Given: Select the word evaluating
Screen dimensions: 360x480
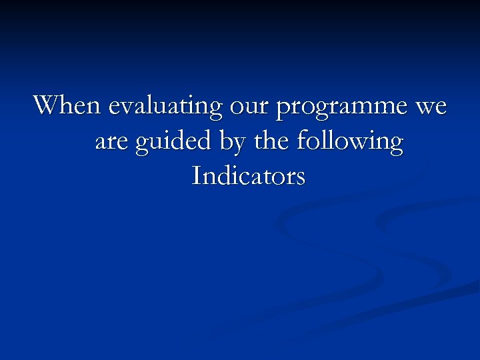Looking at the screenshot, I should pyautogui.click(x=165, y=107).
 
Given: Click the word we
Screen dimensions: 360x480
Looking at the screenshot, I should pyautogui.click(x=431, y=107).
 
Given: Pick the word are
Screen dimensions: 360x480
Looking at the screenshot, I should pyautogui.click(x=112, y=143).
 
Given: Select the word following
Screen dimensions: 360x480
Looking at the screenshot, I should pyautogui.click(x=350, y=143).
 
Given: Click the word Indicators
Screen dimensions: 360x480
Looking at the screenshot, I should pyautogui.click(x=248, y=177).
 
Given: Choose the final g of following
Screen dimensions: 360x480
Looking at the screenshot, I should pyautogui.click(x=395, y=145).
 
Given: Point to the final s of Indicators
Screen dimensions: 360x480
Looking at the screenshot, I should pyautogui.click(x=301, y=178).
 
